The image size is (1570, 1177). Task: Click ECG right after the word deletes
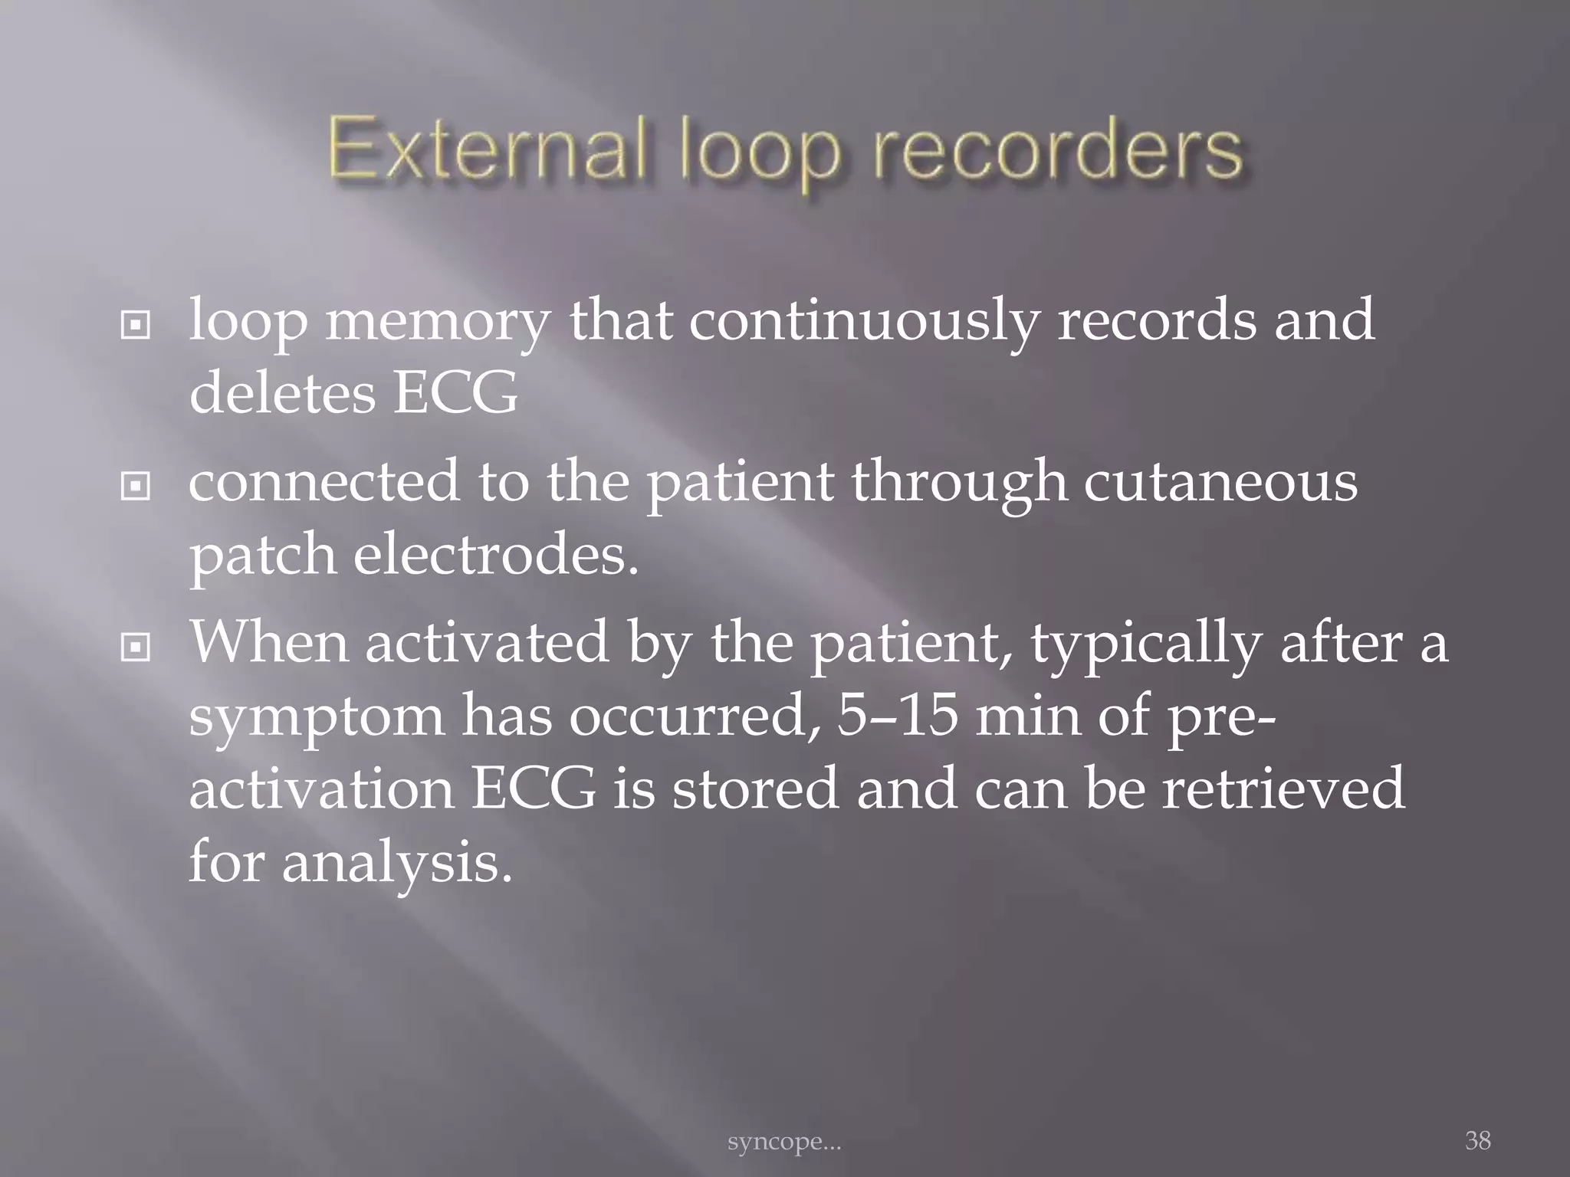click(x=455, y=394)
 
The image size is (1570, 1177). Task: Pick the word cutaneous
click(x=1220, y=483)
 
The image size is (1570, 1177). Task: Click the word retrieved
click(x=1283, y=789)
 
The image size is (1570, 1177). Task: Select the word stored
click(x=754, y=789)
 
